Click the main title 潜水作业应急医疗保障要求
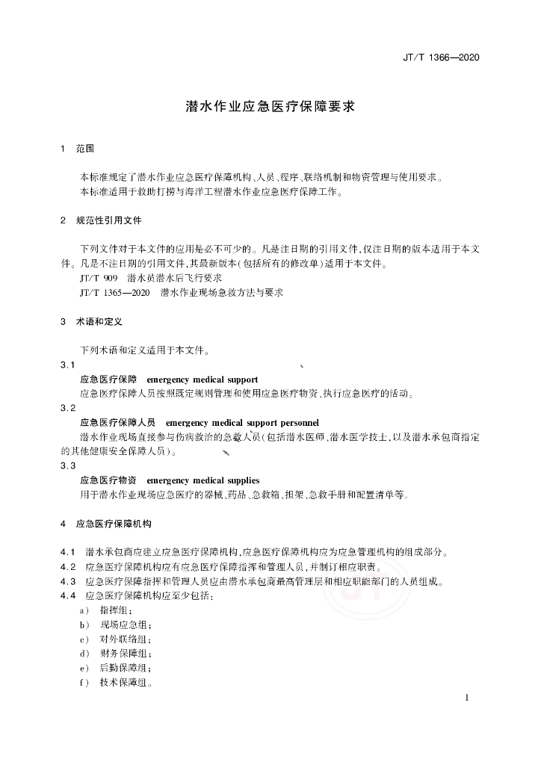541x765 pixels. (270, 106)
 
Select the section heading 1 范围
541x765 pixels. (78, 149)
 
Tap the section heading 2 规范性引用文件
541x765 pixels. (101, 221)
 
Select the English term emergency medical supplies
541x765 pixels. (203, 480)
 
